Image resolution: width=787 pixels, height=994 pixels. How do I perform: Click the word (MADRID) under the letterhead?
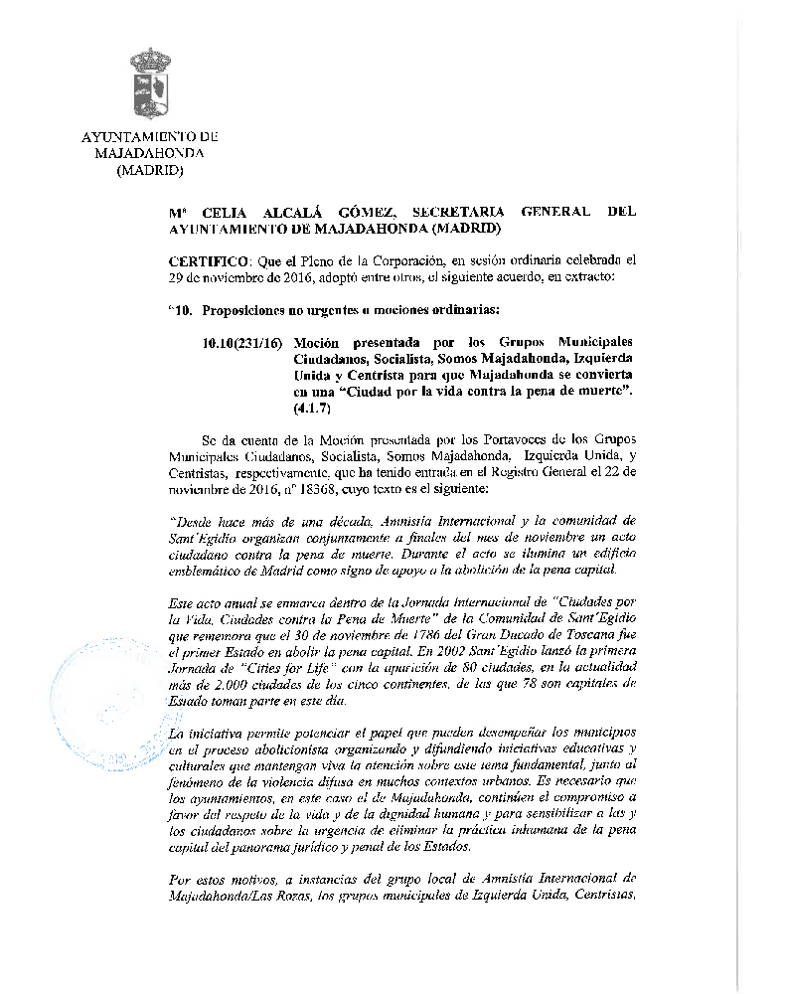point(150,170)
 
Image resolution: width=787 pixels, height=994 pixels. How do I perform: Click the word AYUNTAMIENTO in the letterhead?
point(139,136)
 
